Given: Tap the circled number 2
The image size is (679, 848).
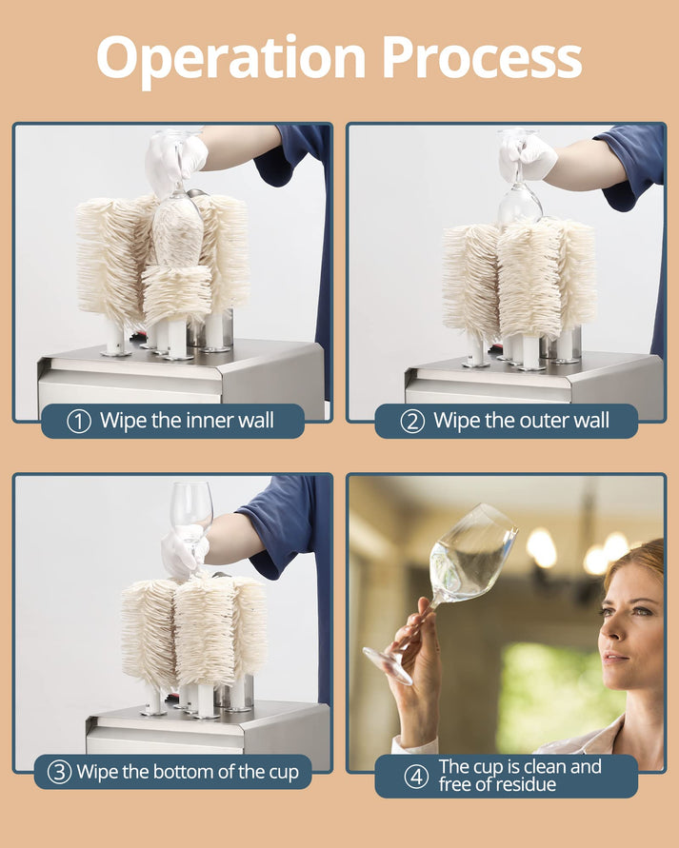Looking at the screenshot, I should (411, 421).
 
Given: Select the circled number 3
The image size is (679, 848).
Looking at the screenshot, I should (59, 772).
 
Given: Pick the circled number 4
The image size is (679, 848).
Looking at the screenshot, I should (415, 776).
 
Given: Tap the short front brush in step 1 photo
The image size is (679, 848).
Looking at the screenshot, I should (176, 293).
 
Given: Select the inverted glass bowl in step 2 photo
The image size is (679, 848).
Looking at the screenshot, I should (519, 202).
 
